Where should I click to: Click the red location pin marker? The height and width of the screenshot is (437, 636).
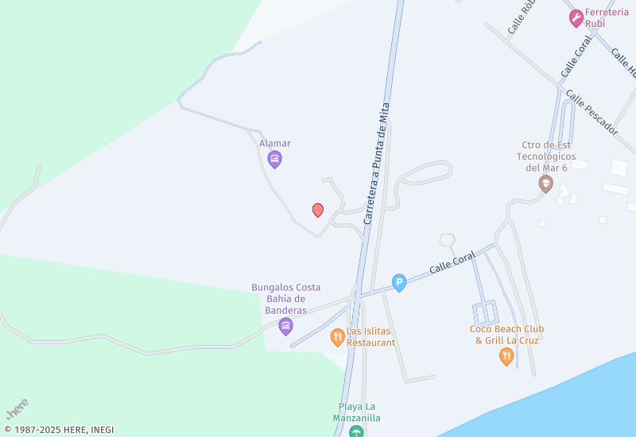point(318,210)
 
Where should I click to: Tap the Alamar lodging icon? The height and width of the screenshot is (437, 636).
point(275,160)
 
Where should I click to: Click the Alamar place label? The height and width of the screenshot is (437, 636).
point(275,144)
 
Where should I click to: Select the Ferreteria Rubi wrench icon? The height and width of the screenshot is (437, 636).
point(576,18)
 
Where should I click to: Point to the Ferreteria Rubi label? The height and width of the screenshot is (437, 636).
point(606,17)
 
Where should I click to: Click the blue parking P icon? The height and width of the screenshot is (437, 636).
point(399,282)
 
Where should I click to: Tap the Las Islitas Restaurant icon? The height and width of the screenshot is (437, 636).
point(338,336)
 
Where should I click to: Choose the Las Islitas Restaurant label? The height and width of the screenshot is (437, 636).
point(370,337)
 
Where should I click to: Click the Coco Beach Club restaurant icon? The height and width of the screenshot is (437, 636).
point(506,357)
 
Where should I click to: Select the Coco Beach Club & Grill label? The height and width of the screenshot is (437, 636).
point(506,335)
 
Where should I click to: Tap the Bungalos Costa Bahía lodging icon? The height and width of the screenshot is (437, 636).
point(286,326)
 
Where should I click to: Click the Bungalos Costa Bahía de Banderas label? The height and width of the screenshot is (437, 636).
point(286,299)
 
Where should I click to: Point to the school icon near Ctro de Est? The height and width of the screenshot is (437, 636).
point(545,184)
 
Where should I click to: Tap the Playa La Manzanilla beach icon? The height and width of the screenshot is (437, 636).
point(357,431)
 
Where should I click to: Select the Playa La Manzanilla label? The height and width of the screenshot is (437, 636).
point(357,412)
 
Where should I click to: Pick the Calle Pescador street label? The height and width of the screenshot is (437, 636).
point(592,112)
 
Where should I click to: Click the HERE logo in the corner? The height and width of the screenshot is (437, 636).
point(17,408)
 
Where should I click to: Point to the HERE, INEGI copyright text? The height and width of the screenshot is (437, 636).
point(59,430)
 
